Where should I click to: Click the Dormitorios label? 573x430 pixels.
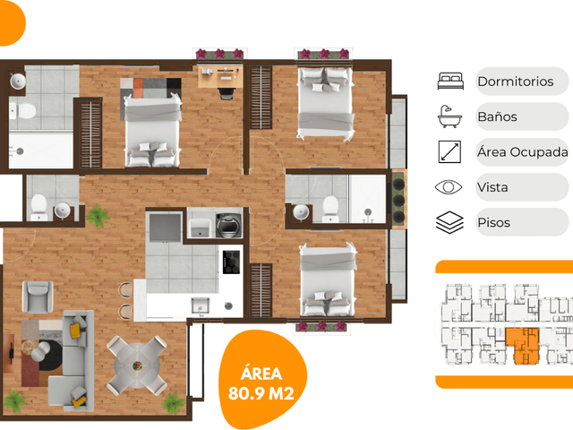[x=516, y=82]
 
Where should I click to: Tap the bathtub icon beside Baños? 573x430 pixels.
[x=449, y=116]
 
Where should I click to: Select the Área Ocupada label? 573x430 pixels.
[x=522, y=152]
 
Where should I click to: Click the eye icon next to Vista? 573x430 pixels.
[x=449, y=187]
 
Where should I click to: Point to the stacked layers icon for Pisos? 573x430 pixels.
[x=449, y=222]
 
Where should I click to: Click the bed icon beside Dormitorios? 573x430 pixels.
[x=450, y=82]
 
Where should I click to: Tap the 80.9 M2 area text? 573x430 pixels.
[x=261, y=393]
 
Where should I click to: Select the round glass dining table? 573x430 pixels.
[x=137, y=365]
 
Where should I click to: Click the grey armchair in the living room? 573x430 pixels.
[x=38, y=297]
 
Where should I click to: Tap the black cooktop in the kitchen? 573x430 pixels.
[x=231, y=262]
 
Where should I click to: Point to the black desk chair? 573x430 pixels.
[x=226, y=94]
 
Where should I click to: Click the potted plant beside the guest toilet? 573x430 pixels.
[x=98, y=216]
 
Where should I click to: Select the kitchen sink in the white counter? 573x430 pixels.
[x=201, y=306]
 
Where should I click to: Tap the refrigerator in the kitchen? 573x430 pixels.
[x=165, y=228]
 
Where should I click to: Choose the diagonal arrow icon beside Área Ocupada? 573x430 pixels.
[x=449, y=151]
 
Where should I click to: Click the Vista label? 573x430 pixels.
[x=492, y=187]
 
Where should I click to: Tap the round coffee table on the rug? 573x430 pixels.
[x=40, y=351]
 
